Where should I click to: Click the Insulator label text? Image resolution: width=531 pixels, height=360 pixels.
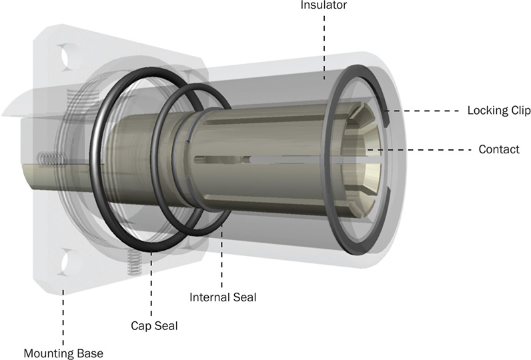[324, 5]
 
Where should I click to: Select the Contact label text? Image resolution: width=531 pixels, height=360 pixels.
[499, 149]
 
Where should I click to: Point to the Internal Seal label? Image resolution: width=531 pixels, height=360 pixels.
[223, 297]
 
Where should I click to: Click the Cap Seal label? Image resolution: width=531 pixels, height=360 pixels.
[154, 326]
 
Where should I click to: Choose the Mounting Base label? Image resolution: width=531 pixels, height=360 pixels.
[63, 353]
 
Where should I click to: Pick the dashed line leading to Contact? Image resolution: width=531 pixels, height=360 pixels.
[427, 149]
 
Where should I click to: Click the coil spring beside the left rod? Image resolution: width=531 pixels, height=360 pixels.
[48, 160]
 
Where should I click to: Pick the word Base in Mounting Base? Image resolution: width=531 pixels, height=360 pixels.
[91, 353]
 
